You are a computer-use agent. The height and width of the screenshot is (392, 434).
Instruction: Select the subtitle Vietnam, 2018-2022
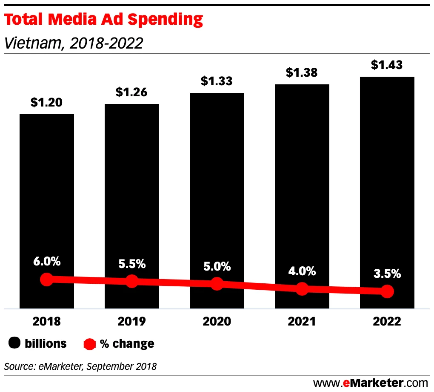click(x=73, y=43)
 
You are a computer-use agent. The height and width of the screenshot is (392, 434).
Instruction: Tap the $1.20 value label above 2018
click(x=46, y=102)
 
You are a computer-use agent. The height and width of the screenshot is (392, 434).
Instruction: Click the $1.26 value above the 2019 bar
click(x=131, y=92)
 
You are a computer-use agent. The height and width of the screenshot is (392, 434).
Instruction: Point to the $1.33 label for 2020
click(x=217, y=81)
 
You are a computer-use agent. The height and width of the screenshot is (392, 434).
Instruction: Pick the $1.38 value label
click(x=302, y=72)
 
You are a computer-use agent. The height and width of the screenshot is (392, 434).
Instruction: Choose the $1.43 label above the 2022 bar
click(x=387, y=65)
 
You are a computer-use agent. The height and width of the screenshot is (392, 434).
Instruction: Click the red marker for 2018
click(x=47, y=280)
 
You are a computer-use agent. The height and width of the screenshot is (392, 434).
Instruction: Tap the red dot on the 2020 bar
click(x=217, y=284)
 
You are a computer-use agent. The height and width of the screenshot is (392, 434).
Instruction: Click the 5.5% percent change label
click(x=132, y=264)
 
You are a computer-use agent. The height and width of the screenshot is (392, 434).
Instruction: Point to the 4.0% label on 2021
click(x=302, y=271)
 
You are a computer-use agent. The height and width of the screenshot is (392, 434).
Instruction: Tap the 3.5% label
click(x=387, y=274)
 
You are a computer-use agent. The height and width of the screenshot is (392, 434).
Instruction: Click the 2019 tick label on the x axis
click(x=131, y=321)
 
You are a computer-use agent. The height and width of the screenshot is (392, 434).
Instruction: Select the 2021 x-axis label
click(x=302, y=321)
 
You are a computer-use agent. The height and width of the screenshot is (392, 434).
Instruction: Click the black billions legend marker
click(x=15, y=343)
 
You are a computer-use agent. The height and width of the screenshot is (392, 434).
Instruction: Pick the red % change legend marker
click(x=90, y=343)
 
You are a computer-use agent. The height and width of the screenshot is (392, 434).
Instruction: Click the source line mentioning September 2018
click(x=80, y=366)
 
